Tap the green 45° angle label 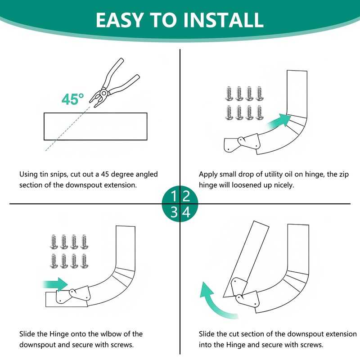73,99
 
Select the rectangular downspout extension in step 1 95,126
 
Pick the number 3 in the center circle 174,212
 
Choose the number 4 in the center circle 186,212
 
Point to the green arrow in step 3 56,284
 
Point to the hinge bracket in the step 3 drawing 72,294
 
